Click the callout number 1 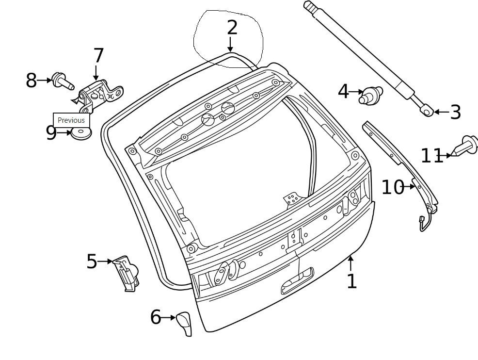click(351, 281)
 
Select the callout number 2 click(232, 28)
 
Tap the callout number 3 click(455, 112)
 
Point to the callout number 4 click(343, 91)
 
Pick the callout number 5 click(92, 262)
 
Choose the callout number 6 click(155, 318)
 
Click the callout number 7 click(98, 56)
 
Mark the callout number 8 click(31, 81)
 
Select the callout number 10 click(392, 187)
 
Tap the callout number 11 click(431, 156)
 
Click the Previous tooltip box click(71, 120)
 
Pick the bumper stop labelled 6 click(184, 322)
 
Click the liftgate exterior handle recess click(297, 281)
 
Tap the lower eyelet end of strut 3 click(427, 111)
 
